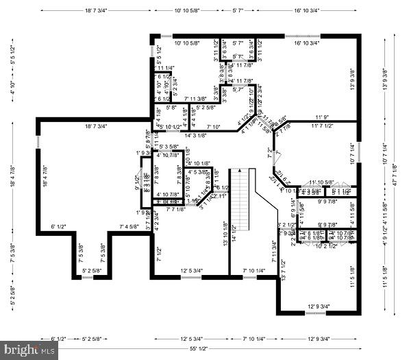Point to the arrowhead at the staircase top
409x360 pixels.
tap(240, 169)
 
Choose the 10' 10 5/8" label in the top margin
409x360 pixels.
tap(187, 11)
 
